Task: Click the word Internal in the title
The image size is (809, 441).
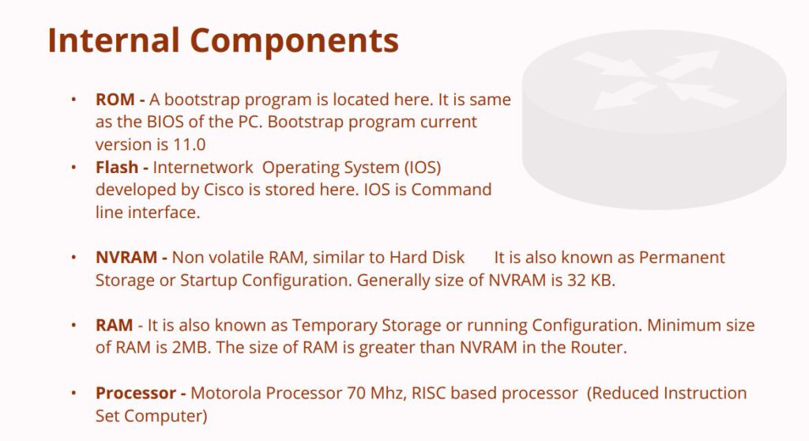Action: coord(114,40)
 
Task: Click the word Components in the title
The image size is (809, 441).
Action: coord(294,41)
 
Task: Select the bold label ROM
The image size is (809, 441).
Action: coord(115,99)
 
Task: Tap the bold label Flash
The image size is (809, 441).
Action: coord(117,167)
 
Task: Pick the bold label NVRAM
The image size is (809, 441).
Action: coord(126,257)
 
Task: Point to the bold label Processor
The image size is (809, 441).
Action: coord(136,393)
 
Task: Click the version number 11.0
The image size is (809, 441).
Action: coord(189,145)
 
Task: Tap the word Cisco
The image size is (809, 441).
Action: coord(224,190)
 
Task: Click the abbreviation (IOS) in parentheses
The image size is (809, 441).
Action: coord(422,168)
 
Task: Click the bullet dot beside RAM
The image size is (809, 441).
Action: coord(73,325)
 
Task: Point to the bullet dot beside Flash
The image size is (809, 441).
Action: coord(73,167)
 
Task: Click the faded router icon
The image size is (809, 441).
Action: coord(654,120)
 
